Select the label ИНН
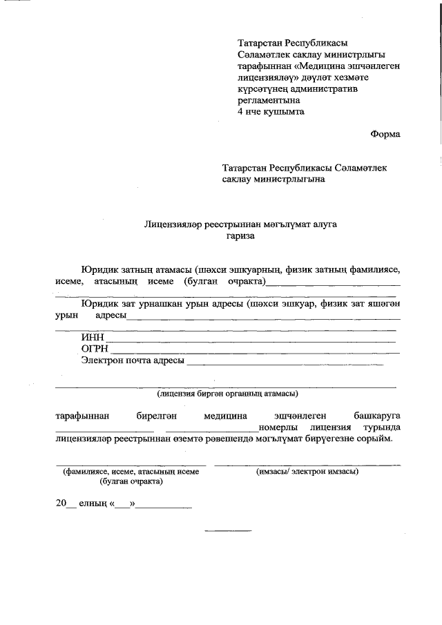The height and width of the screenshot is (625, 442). tap(91, 337)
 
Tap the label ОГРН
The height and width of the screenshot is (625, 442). tap(95, 349)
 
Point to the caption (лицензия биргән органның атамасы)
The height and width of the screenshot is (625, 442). tap(227, 394)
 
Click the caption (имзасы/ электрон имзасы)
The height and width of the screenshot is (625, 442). tap(307, 472)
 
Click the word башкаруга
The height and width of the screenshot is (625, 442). tap(376, 416)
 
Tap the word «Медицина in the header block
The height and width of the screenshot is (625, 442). tap(324, 64)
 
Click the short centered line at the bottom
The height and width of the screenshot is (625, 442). tap(228, 530)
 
